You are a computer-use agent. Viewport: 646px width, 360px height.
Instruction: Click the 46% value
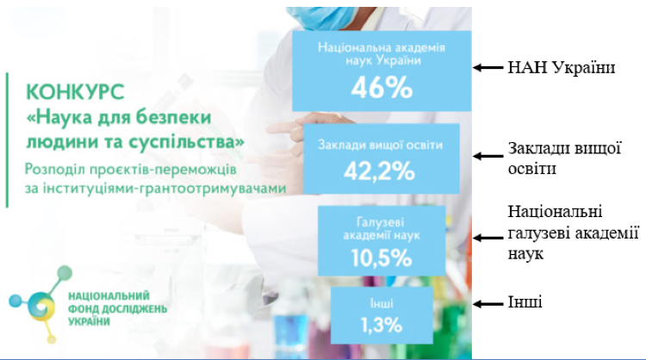(382, 87)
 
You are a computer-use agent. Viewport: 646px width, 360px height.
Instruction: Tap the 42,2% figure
(380, 171)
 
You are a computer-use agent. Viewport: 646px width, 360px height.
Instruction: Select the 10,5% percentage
(382, 258)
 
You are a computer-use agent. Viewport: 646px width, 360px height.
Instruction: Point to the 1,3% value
(382, 325)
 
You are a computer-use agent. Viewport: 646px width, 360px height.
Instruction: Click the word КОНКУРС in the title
(75, 92)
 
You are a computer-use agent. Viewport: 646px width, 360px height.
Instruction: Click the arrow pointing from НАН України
(488, 67)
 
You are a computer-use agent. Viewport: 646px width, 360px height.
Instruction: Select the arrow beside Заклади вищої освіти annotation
(488, 156)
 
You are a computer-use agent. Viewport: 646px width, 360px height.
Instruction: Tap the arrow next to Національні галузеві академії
(488, 238)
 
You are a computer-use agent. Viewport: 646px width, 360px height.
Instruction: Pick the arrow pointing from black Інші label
(488, 304)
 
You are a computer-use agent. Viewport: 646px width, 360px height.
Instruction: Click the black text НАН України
(561, 67)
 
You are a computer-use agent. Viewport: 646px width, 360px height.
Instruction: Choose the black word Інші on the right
(525, 302)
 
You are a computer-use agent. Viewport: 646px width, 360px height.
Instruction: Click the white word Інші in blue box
(382, 303)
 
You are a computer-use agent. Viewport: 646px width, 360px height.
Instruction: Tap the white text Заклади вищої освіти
(380, 145)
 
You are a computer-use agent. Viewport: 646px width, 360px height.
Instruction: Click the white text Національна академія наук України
(382, 54)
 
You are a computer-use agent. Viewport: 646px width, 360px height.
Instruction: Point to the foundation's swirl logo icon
(40, 304)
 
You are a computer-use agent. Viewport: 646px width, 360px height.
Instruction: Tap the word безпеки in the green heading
(173, 117)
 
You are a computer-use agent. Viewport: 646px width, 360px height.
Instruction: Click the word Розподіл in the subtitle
(54, 170)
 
